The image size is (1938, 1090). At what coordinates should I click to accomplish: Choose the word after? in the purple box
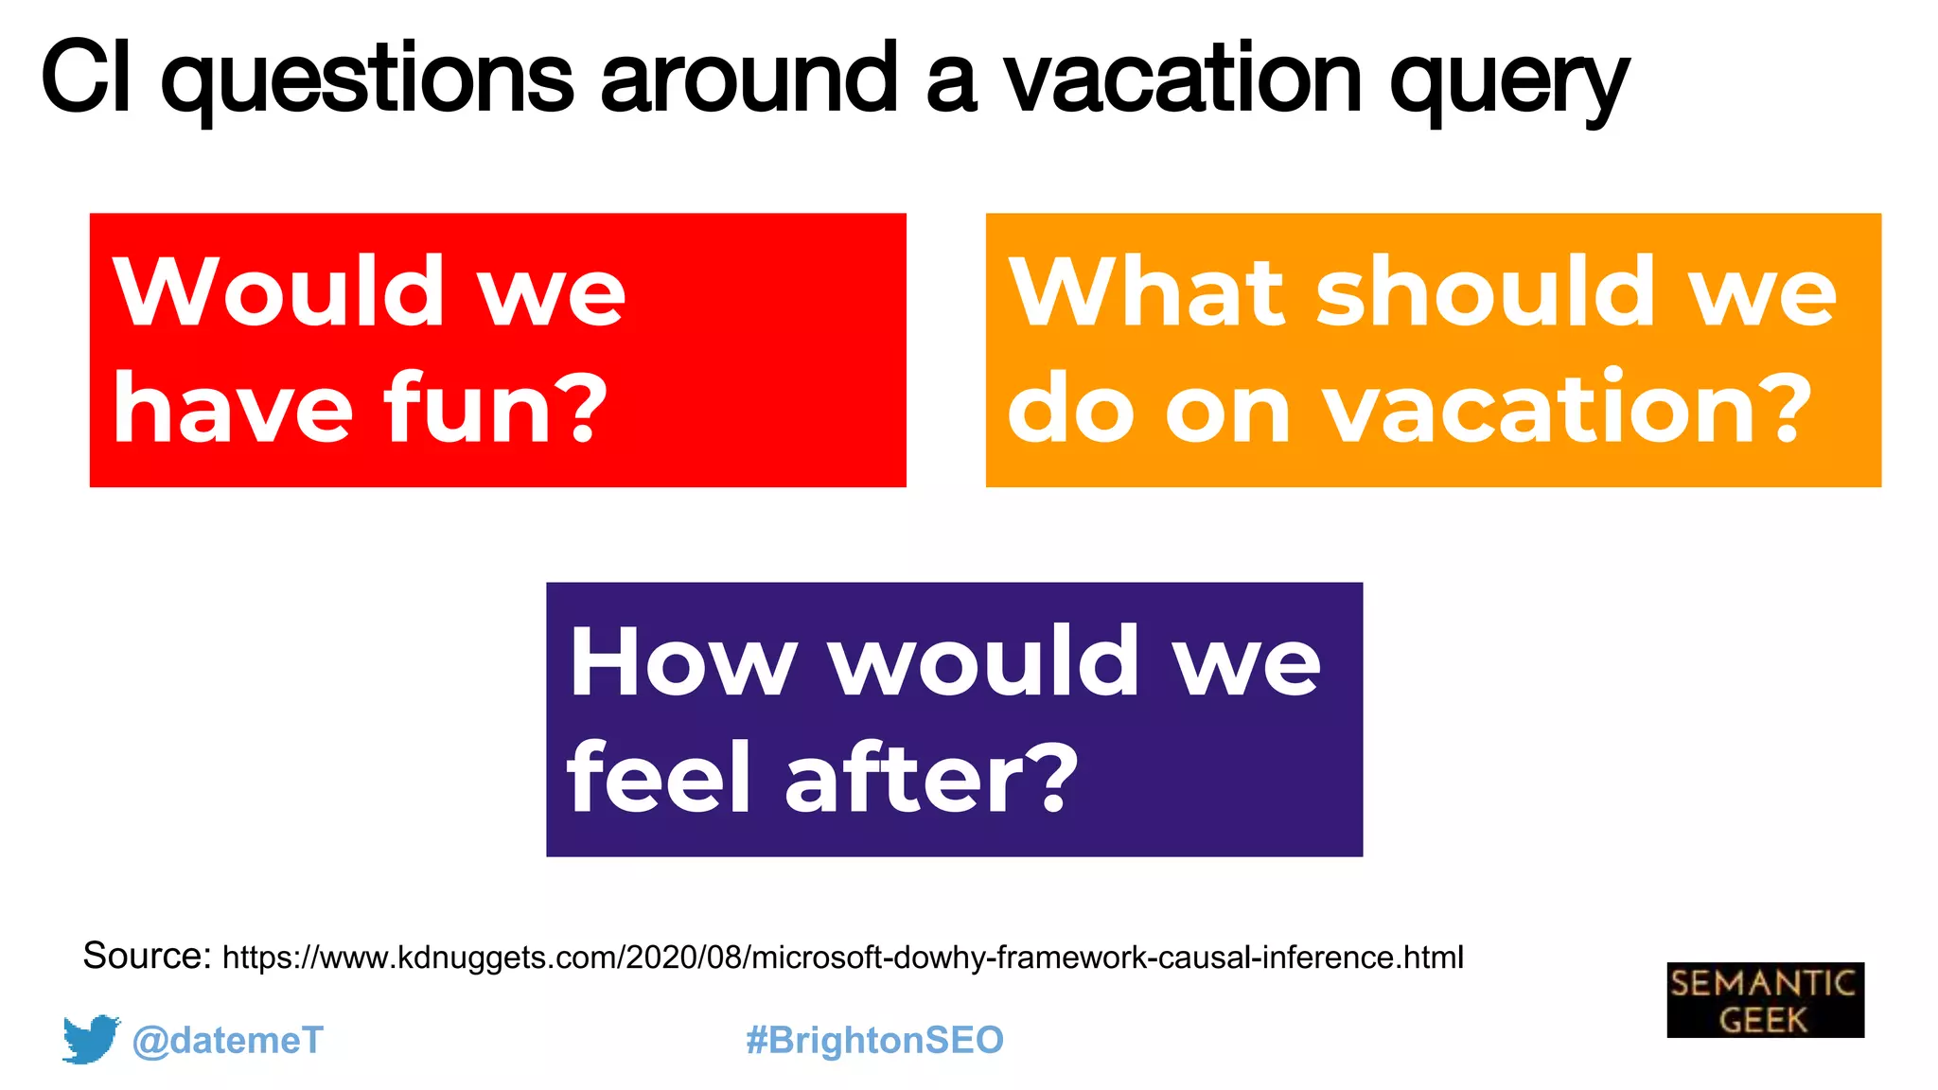(x=932, y=778)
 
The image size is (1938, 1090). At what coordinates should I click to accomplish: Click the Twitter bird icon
(x=91, y=1039)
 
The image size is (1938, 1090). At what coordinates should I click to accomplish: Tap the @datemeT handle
(x=227, y=1040)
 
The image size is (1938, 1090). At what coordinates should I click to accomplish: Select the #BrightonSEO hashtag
(x=874, y=1040)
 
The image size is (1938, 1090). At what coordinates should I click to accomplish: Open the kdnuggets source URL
(x=842, y=958)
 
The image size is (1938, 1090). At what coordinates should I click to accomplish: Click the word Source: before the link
(x=147, y=956)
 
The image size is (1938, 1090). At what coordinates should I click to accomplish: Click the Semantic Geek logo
(x=1765, y=1000)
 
